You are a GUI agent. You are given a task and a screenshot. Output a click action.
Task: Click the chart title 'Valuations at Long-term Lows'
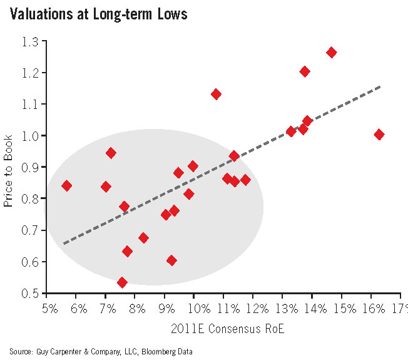(x=98, y=14)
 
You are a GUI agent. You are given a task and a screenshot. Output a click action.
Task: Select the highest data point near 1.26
(x=332, y=53)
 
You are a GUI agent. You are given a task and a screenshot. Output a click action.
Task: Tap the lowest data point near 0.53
(x=122, y=282)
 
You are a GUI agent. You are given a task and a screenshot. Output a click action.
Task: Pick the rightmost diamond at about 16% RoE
(x=379, y=135)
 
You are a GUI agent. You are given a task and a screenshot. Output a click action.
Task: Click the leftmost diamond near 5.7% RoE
(x=66, y=185)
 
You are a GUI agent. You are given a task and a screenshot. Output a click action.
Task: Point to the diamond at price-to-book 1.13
(x=216, y=94)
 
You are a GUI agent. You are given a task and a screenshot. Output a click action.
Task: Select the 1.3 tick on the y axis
(x=29, y=42)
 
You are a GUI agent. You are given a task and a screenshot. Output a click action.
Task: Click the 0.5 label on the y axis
(x=29, y=293)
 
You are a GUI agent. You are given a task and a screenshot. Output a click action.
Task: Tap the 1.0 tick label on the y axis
(x=29, y=136)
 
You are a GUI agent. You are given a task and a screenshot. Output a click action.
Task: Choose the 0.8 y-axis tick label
(x=29, y=199)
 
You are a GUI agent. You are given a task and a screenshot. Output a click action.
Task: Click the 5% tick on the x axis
(x=49, y=309)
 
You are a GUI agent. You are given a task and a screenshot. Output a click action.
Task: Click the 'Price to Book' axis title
(x=8, y=167)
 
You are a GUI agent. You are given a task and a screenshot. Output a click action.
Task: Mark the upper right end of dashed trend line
(x=379, y=87)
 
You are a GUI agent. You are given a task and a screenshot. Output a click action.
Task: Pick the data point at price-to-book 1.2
(x=305, y=71)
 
